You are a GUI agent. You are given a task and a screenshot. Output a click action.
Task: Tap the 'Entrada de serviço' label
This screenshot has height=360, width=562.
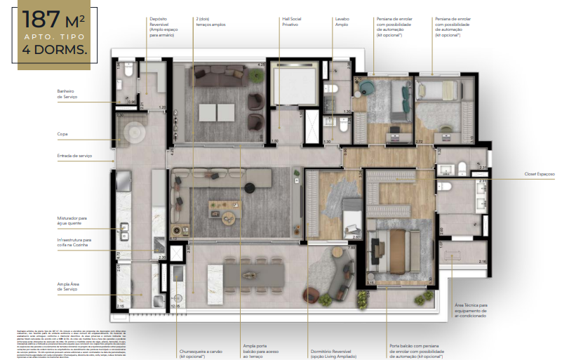click(75, 156)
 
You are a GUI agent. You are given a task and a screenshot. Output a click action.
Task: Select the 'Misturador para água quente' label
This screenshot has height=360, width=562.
click(72, 220)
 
